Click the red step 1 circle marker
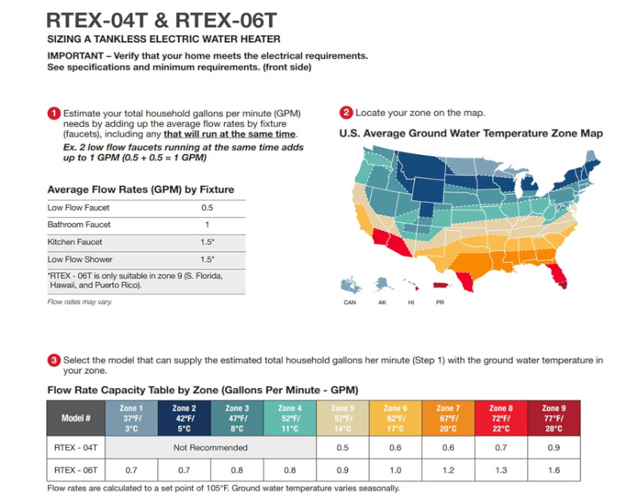(x=53, y=113)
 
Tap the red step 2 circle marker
(x=346, y=113)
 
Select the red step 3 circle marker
(x=53, y=360)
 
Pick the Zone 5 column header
(x=342, y=418)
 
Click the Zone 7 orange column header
(x=448, y=418)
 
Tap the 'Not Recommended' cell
(x=211, y=447)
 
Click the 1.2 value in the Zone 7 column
(x=448, y=471)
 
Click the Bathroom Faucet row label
(x=79, y=224)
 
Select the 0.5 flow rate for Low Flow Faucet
(x=207, y=208)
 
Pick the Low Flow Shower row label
(x=80, y=260)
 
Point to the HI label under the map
(x=411, y=303)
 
